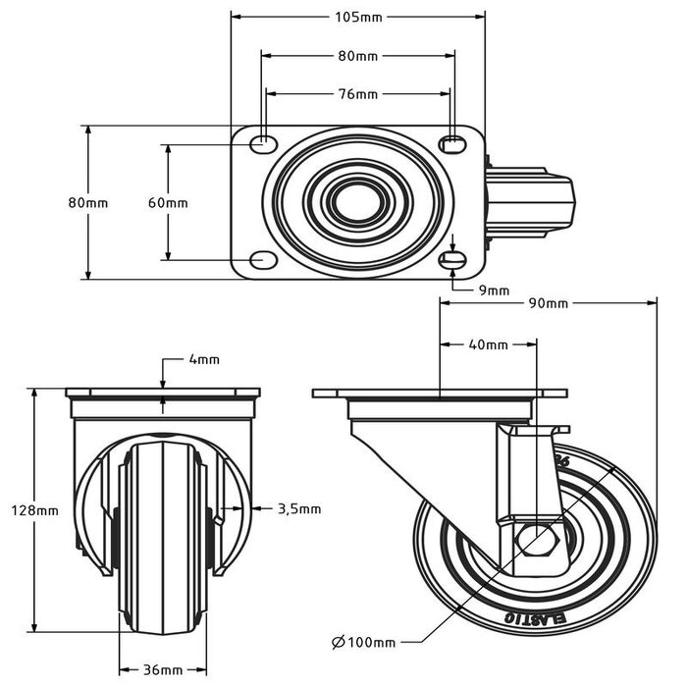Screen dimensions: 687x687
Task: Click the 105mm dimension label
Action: pyautogui.click(x=357, y=17)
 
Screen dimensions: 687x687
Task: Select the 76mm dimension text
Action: pyautogui.click(x=357, y=94)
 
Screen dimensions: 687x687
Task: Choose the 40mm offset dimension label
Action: pyautogui.click(x=488, y=344)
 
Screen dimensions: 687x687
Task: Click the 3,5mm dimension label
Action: pyautogui.click(x=299, y=508)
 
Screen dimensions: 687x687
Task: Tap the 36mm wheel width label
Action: pyautogui.click(x=161, y=670)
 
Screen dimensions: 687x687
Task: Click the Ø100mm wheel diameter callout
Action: pyautogui.click(x=363, y=642)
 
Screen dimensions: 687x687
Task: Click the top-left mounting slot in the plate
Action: pyautogui.click(x=263, y=144)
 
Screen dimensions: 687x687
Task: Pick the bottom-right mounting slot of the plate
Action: pyautogui.click(x=451, y=259)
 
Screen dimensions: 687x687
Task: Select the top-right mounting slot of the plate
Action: pyautogui.click(x=451, y=144)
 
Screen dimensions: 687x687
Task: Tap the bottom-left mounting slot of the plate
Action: pyautogui.click(x=263, y=259)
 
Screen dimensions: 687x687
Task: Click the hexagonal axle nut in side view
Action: pyautogui.click(x=536, y=541)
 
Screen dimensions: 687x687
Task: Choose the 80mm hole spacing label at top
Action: pyautogui.click(x=357, y=56)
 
